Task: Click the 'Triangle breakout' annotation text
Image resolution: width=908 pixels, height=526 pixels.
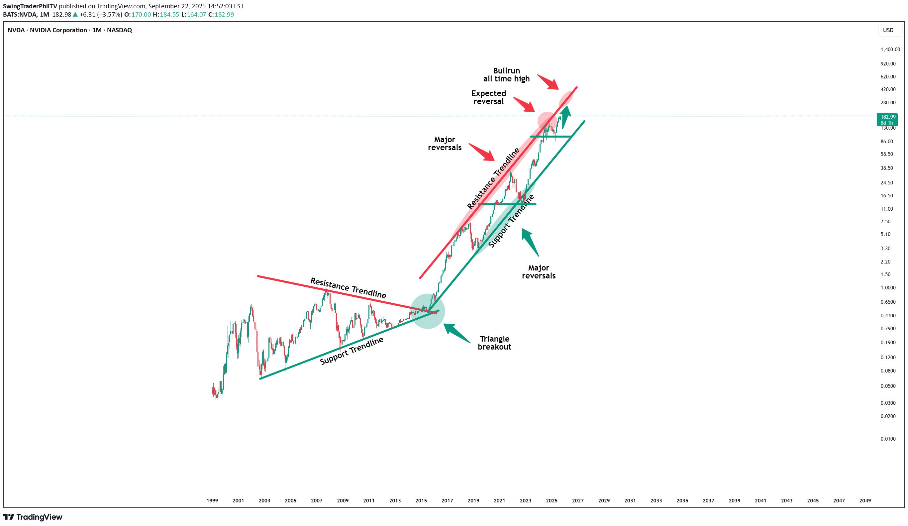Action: pos(494,343)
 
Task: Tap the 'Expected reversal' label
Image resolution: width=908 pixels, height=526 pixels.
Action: pos(489,97)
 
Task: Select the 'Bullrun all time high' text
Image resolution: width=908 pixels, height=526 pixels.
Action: pos(506,74)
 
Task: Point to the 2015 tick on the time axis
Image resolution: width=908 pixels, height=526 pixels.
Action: pos(421,500)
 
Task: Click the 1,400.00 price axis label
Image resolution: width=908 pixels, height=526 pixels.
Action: pos(890,50)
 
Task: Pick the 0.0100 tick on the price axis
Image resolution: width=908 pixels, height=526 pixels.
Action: pos(888,439)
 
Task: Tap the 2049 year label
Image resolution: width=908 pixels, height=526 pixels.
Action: pos(865,500)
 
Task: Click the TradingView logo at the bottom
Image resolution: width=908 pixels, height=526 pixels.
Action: pos(33,517)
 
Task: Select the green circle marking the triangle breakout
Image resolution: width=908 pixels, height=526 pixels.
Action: pos(428,311)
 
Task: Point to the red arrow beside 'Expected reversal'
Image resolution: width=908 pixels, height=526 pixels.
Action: pos(524,104)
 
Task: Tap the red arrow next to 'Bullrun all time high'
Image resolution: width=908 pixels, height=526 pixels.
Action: pos(548,82)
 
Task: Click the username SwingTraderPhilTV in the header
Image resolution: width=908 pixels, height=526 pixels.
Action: pos(30,6)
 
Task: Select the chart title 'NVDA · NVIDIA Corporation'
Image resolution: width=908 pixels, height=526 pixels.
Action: pos(47,30)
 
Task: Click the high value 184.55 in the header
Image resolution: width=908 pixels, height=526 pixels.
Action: pos(169,14)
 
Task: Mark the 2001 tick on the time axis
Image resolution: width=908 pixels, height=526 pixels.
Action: pos(238,500)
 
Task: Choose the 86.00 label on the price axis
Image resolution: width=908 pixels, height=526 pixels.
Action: pos(887,141)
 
